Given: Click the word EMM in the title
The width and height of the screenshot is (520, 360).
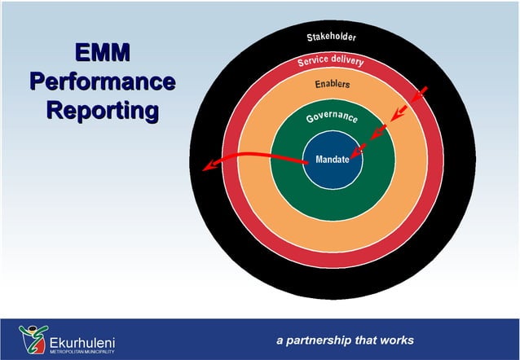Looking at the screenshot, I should pyautogui.click(x=102, y=55).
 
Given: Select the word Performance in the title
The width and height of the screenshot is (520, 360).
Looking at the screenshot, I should pyautogui.click(x=102, y=82).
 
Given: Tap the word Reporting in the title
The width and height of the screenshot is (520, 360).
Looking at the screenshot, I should pyautogui.click(x=102, y=110).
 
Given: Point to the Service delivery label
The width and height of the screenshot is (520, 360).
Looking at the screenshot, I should pyautogui.click(x=330, y=61).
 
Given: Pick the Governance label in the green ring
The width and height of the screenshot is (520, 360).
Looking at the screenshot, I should pyautogui.click(x=333, y=119).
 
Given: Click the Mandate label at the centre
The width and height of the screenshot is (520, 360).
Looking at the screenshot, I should pyautogui.click(x=333, y=160).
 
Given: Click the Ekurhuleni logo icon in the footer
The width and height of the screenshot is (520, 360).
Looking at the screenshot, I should pyautogui.click(x=33, y=338).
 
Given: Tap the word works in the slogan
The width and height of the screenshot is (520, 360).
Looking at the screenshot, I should pyautogui.click(x=397, y=340).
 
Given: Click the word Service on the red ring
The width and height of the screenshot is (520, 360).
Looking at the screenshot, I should pyautogui.click(x=312, y=61).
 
